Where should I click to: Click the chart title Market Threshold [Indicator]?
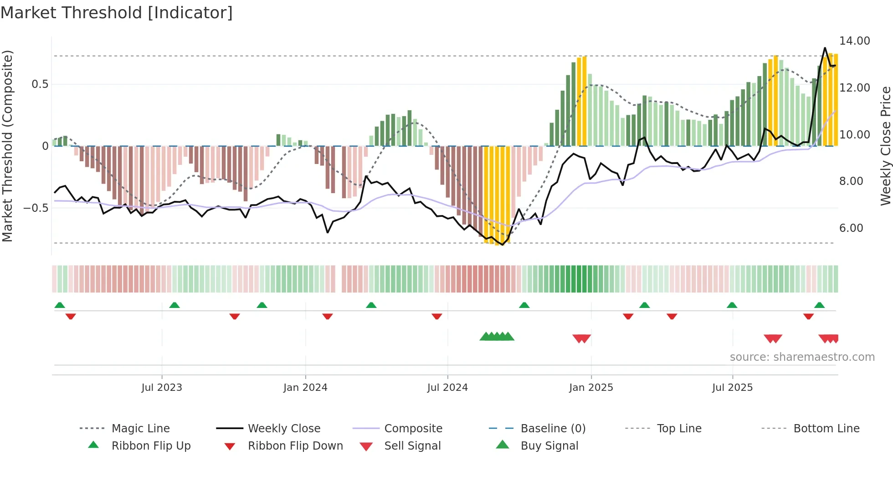coord(117,13)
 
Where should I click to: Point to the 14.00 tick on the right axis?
coord(854,41)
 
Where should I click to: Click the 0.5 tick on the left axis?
coord(40,84)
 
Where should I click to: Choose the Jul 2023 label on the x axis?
coord(162,388)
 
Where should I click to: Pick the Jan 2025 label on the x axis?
coord(591,388)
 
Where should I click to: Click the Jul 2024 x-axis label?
coord(447,388)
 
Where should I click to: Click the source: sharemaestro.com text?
coord(802,357)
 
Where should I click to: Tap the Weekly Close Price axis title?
coord(885,146)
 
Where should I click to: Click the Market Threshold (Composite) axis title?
coord(7,146)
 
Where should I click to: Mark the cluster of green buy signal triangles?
coord(497,337)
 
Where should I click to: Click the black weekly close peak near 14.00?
coord(825,48)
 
